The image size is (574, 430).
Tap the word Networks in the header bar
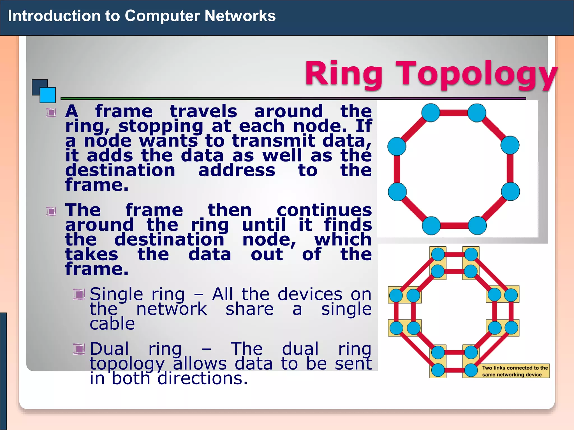pyautogui.click(x=240, y=16)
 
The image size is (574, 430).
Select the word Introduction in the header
pyautogui.click(x=54, y=16)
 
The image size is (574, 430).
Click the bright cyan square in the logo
pyautogui.click(x=48, y=95)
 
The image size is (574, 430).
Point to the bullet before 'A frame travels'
pyautogui.click(x=51, y=113)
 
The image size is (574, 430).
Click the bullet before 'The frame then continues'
pyautogui.click(x=51, y=211)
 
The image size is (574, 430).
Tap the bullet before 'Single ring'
pyautogui.click(x=79, y=294)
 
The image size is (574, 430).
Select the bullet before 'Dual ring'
pyautogui.click(x=79, y=349)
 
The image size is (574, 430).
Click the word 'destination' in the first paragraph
pyautogui.click(x=120, y=170)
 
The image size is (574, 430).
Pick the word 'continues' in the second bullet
pyautogui.click(x=324, y=210)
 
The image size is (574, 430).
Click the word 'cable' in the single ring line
pyautogui.click(x=112, y=324)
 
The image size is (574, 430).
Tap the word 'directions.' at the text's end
pyautogui.click(x=202, y=378)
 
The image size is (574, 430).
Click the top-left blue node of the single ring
pyautogui.click(x=431, y=113)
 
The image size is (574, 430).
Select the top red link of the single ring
pyautogui.click(x=454, y=113)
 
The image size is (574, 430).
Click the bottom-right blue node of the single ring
pyautogui.click(x=477, y=226)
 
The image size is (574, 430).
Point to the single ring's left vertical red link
pyautogui.click(x=397, y=169)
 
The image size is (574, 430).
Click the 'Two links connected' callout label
pyautogui.click(x=515, y=371)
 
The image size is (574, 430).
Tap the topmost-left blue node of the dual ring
pyautogui.click(x=438, y=254)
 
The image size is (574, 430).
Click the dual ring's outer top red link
pyautogui.click(x=454, y=254)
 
